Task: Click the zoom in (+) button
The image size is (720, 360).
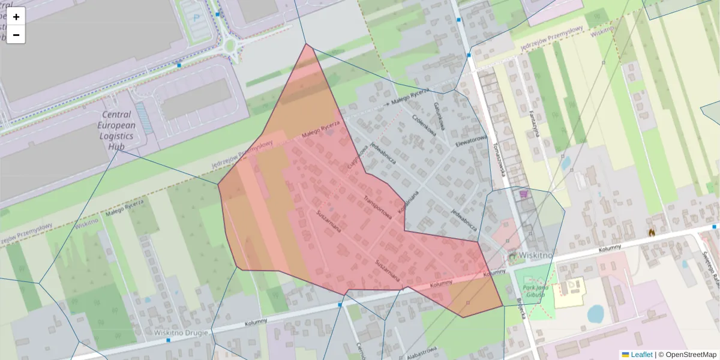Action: coord(16,17)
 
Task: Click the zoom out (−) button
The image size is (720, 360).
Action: coord(16,35)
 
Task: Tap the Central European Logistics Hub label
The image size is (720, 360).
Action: coord(116,130)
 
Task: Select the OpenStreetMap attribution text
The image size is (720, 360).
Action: coord(691,355)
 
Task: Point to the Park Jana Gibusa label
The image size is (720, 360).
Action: coord(529,291)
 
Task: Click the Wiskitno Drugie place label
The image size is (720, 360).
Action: coord(181,332)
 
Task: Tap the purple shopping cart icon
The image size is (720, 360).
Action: coord(524,194)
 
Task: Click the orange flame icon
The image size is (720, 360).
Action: coord(652,231)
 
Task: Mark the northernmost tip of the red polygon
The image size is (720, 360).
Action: coord(306,44)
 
